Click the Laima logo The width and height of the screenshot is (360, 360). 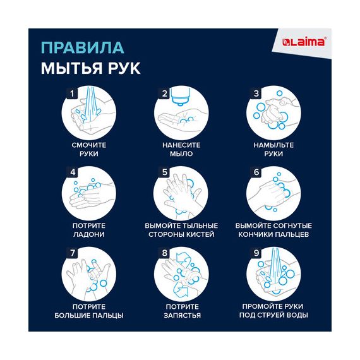pyautogui.click(x=304, y=42)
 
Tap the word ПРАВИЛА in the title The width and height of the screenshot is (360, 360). pyautogui.click(x=83, y=48)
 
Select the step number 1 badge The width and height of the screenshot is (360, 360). pyautogui.click(x=72, y=93)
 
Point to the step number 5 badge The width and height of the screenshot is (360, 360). pyautogui.click(x=164, y=172)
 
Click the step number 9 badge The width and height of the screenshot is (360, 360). pyautogui.click(x=256, y=253)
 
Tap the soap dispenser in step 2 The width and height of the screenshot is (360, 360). pyautogui.click(x=181, y=96)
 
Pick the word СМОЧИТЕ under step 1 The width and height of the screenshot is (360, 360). pyautogui.click(x=89, y=145)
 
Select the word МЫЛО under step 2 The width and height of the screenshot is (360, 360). pyautogui.click(x=181, y=153)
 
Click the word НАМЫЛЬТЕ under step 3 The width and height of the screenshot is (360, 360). pyautogui.click(x=273, y=145)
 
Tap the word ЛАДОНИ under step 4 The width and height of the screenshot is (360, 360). pyautogui.click(x=89, y=234)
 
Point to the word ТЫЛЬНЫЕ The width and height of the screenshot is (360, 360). pyautogui.click(x=200, y=225)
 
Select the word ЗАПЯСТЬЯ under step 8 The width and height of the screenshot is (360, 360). pyautogui.click(x=182, y=315)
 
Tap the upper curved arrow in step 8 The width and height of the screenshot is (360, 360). pyautogui.click(x=183, y=258)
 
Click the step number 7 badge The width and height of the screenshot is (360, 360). pyautogui.click(x=72, y=253)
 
